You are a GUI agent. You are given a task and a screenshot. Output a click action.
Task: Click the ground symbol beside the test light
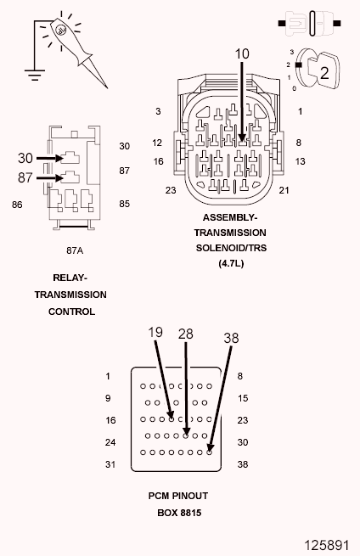click(x=35, y=74)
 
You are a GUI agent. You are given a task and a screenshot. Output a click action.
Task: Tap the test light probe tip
click(x=107, y=87)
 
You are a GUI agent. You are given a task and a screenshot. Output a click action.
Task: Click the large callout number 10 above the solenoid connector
click(x=242, y=53)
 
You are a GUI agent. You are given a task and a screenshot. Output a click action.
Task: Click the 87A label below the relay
click(x=75, y=250)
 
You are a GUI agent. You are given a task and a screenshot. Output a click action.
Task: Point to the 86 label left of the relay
click(x=17, y=205)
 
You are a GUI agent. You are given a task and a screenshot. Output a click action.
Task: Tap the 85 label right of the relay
click(x=125, y=204)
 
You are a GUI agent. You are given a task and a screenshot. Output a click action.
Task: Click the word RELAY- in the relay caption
click(x=70, y=278)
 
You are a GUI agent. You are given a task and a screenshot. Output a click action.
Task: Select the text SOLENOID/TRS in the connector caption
click(x=231, y=248)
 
